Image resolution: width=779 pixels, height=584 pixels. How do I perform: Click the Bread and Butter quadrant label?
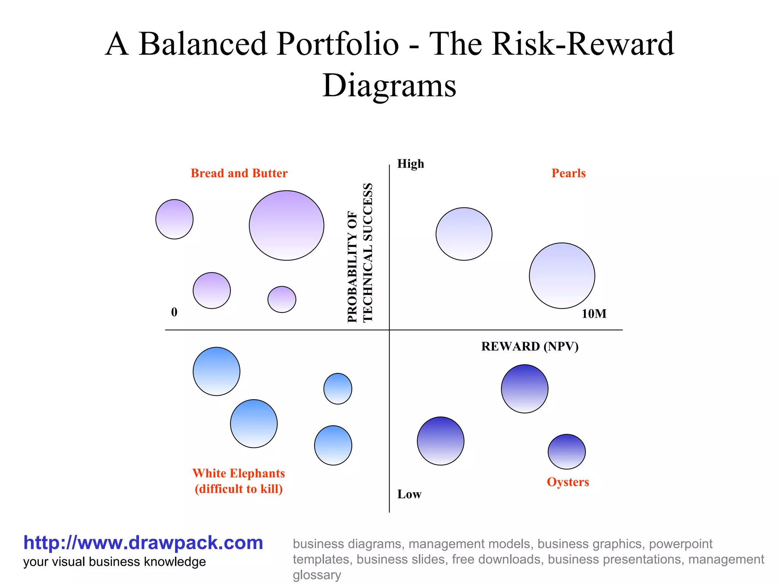coord(239,173)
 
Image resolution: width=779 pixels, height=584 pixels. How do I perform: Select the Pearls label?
coord(568,173)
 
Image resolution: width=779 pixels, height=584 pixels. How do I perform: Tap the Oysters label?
coord(568,482)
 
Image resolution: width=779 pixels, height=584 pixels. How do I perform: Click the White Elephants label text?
coord(238,473)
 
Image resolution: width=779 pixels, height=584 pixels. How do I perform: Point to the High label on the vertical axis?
coord(410,164)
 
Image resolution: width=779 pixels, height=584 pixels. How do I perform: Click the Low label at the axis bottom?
coord(409,494)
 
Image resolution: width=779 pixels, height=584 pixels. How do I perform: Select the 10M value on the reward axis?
coord(594,314)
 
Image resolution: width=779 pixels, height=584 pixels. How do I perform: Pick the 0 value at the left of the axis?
coord(174,312)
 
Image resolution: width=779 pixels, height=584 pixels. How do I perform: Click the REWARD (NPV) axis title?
coord(529,346)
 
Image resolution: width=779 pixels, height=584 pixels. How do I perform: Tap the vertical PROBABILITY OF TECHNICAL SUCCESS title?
coord(360,253)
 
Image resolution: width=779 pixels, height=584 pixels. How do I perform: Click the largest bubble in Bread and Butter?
coord(286,225)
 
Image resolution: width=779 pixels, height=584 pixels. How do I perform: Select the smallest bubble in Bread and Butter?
coord(282,300)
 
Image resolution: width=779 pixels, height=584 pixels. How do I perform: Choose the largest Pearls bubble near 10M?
coord(562,276)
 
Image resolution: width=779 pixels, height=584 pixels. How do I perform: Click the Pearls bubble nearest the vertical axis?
coord(464,234)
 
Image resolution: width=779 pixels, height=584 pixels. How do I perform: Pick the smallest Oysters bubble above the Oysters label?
coord(566,452)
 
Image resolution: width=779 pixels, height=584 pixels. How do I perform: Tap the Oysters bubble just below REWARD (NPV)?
coord(525,389)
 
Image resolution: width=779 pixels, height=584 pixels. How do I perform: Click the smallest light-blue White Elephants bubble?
coord(338,389)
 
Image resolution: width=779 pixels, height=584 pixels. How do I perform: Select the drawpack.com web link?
coord(143,543)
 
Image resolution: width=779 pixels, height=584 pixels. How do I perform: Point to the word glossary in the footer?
coord(316,575)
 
